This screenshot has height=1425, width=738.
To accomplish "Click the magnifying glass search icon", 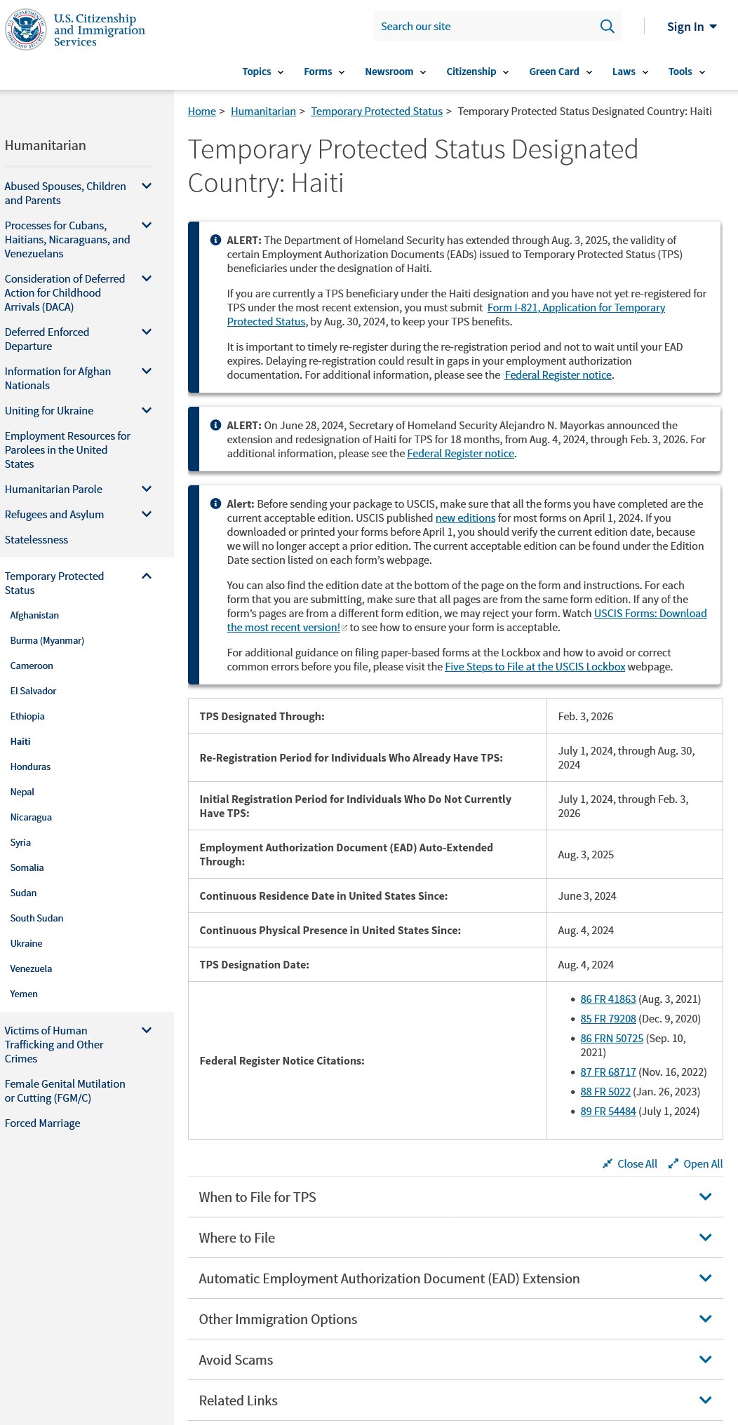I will pyautogui.click(x=607, y=27).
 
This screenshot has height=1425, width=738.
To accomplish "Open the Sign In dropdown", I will pyautogui.click(x=691, y=27).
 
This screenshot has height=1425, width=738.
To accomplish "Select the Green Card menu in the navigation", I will pyautogui.click(x=560, y=72).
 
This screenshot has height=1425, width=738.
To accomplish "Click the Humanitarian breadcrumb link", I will pyautogui.click(x=263, y=112).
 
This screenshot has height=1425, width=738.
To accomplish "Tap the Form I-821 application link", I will pyautogui.click(x=576, y=308).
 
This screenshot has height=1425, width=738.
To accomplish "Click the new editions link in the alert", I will pyautogui.click(x=465, y=518).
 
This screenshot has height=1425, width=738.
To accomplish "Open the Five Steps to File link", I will pyautogui.click(x=535, y=667).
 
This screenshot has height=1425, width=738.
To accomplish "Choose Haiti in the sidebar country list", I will pyautogui.click(x=20, y=741).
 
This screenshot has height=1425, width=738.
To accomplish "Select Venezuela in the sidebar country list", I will pyautogui.click(x=31, y=968).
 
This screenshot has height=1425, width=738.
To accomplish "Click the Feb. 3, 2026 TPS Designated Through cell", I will pyautogui.click(x=585, y=717).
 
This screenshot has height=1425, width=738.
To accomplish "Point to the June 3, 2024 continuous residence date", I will pyautogui.click(x=586, y=896).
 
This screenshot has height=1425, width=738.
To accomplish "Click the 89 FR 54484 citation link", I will pyautogui.click(x=608, y=1112).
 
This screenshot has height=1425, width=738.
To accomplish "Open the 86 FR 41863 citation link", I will pyautogui.click(x=608, y=999).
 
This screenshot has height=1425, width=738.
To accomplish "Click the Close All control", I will pyautogui.click(x=630, y=1164).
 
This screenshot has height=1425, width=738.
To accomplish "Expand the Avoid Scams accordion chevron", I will pyautogui.click(x=705, y=1360).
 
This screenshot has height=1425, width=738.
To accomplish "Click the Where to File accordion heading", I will pyautogui.click(x=237, y=1238).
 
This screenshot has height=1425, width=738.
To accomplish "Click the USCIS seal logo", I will pyautogui.click(x=25, y=29).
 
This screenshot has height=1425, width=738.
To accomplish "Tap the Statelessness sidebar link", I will pyautogui.click(x=36, y=540).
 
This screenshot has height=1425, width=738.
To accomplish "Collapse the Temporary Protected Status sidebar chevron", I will pyautogui.click(x=147, y=576).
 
